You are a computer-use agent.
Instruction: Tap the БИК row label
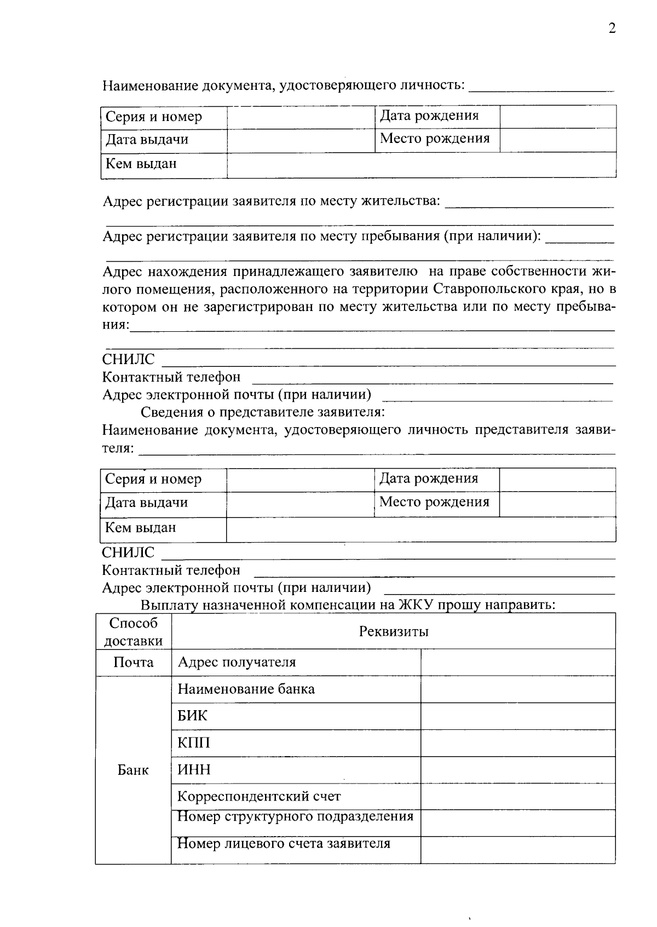(192, 716)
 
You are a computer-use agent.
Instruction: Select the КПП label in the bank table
(193, 742)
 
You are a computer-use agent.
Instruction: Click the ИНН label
(194, 769)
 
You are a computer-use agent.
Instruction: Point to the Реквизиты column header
(393, 631)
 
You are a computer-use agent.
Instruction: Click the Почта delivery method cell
(133, 663)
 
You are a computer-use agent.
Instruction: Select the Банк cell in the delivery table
(133, 770)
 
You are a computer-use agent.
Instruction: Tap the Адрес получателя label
(237, 662)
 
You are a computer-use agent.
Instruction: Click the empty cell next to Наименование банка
(517, 689)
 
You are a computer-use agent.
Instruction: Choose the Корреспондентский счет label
(258, 796)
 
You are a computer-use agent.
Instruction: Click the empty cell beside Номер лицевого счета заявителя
(517, 850)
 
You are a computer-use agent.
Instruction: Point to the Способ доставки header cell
(133, 631)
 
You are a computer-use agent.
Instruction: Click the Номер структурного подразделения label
(295, 816)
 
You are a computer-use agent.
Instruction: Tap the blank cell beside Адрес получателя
(517, 662)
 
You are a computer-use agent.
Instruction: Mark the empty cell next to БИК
(517, 716)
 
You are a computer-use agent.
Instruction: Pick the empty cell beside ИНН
(517, 769)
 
